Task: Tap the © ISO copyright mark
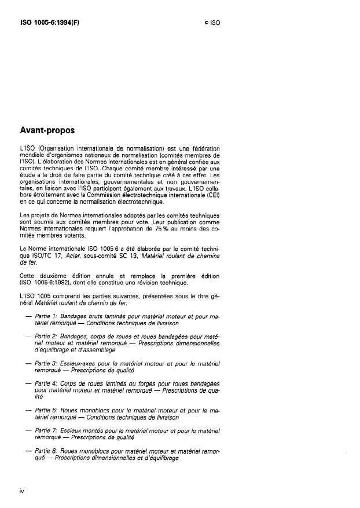[212, 23]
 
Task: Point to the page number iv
[21, 491]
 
